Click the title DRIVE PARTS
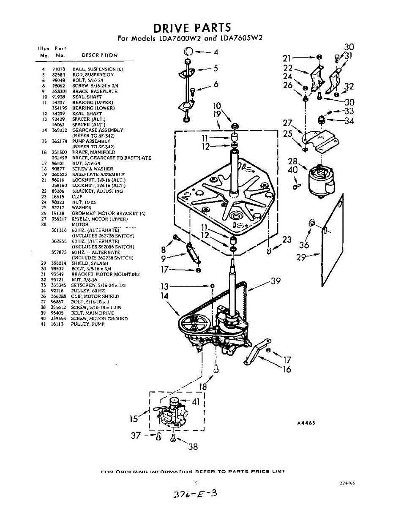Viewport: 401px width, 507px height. tap(192, 28)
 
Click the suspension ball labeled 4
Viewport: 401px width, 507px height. tap(189, 52)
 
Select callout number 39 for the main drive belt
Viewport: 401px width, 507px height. tap(275, 281)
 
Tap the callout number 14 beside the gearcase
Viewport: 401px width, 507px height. tap(165, 296)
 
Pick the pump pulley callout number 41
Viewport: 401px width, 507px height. tap(196, 402)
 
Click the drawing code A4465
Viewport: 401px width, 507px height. tap(306, 423)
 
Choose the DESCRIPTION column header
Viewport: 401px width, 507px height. tap(99, 55)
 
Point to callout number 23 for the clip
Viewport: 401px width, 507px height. tap(287, 240)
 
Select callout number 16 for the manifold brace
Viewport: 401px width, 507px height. tap(287, 370)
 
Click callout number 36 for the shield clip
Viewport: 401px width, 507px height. tap(304, 245)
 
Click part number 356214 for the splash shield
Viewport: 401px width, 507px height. tap(57, 263)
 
